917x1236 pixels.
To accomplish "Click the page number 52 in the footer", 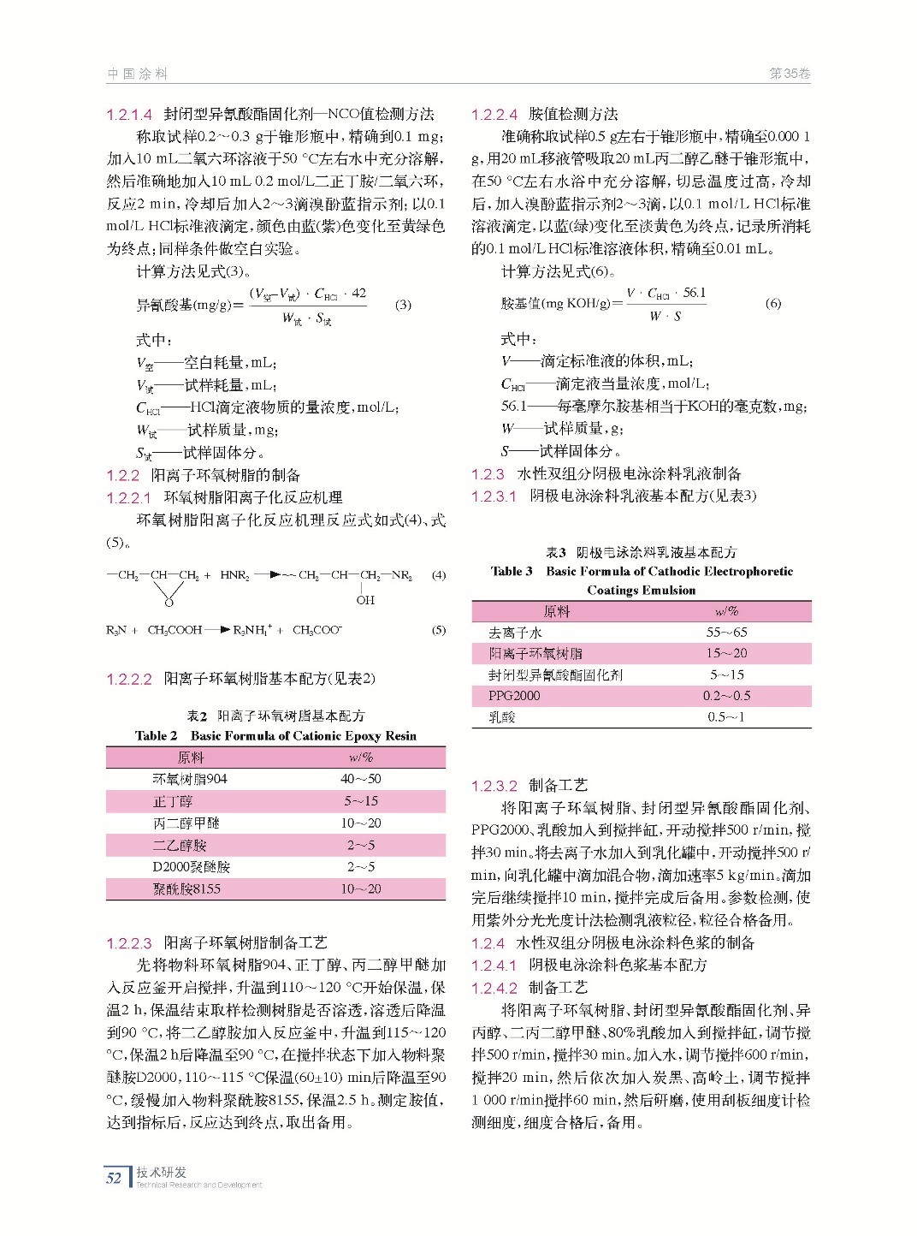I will pyautogui.click(x=114, y=1178).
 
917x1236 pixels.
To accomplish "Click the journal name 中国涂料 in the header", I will pyautogui.click(x=137, y=74).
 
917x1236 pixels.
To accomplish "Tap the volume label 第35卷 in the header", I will pyautogui.click(x=789, y=74).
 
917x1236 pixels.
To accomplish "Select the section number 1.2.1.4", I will pyautogui.click(x=129, y=115).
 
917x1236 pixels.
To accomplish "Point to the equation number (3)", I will pyautogui.click(x=403, y=305).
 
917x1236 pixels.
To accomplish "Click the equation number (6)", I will pyautogui.click(x=772, y=303).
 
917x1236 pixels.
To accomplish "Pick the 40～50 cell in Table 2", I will pyautogui.click(x=361, y=779).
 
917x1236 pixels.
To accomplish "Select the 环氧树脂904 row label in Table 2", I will pyautogui.click(x=190, y=779).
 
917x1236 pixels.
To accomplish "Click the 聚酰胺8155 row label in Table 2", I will pyautogui.click(x=186, y=889).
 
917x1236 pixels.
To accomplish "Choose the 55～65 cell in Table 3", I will pyautogui.click(x=726, y=633).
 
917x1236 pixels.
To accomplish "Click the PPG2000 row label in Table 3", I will pyautogui.click(x=514, y=696).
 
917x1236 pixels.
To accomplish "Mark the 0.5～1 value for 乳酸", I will pyautogui.click(x=726, y=717).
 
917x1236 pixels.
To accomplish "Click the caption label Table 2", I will pyautogui.click(x=156, y=736).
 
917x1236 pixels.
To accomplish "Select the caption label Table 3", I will pyautogui.click(x=512, y=572).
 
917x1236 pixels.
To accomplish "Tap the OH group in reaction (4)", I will pyautogui.click(x=365, y=600).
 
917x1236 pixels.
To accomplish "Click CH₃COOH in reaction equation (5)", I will pyautogui.click(x=175, y=631).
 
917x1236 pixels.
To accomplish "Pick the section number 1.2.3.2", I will pyautogui.click(x=494, y=786).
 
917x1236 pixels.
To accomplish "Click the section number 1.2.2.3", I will pyautogui.click(x=129, y=943).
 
